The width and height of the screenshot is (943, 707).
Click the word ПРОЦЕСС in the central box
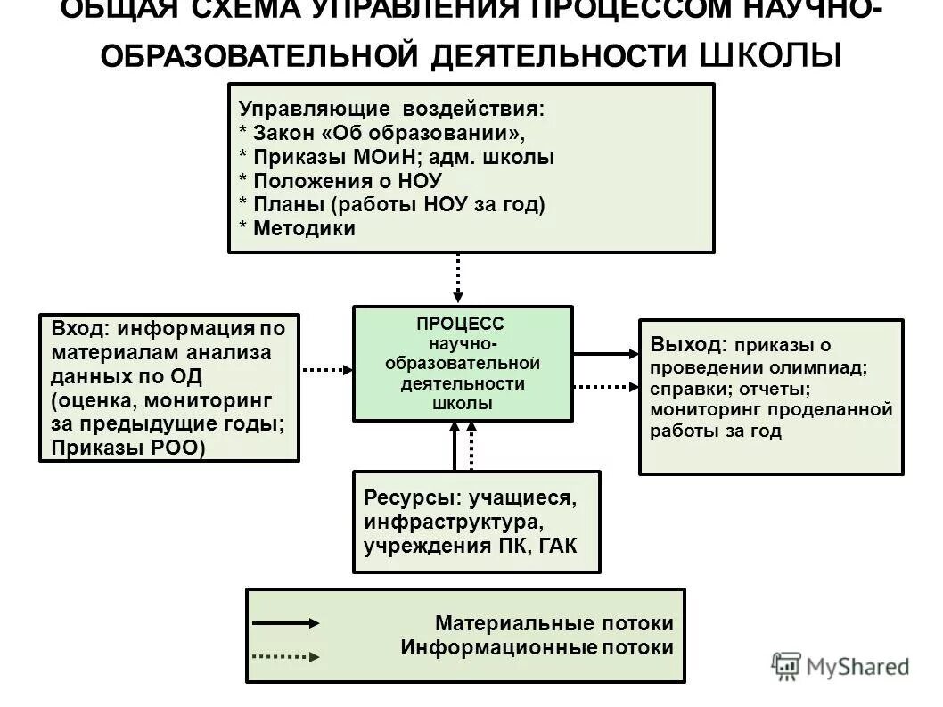[x=460, y=325]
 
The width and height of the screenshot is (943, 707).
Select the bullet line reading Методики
[x=303, y=228]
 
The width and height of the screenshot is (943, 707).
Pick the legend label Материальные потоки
[x=554, y=623]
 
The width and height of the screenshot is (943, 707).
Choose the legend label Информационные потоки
[x=537, y=647]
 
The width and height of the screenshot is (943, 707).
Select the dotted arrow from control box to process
[x=458, y=279]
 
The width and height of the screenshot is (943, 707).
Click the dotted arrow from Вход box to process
[x=326, y=367]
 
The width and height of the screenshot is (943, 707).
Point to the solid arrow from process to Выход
[x=605, y=354]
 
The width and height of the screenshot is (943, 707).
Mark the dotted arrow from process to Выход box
[x=605, y=387]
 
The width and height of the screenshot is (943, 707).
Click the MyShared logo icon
[x=786, y=665]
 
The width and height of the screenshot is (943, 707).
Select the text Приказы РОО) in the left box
[x=127, y=448]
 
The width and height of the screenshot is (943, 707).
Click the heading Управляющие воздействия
[x=390, y=110]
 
